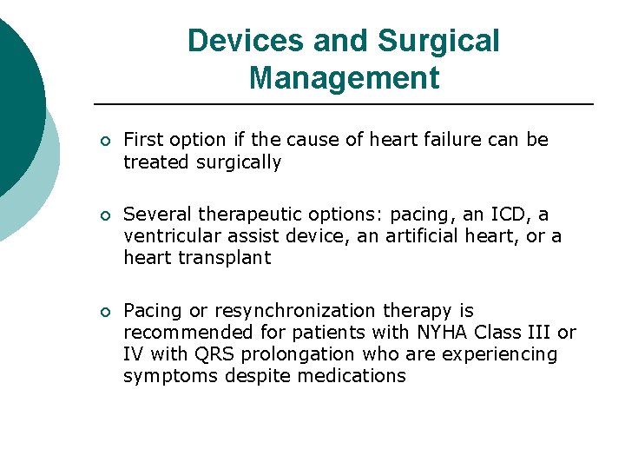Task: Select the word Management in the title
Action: (344, 78)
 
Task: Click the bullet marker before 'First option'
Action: (104, 141)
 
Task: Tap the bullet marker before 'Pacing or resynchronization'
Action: (104, 312)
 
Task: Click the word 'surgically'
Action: (240, 162)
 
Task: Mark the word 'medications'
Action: (351, 376)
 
